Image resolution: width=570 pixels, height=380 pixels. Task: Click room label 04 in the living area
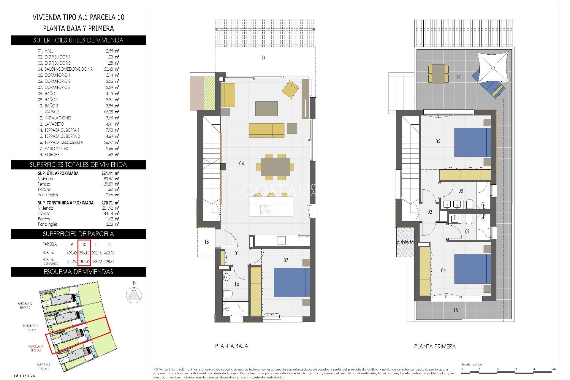pyautogui.click(x=241, y=163)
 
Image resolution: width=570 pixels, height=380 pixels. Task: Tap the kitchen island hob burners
pyautogui.click(x=266, y=210)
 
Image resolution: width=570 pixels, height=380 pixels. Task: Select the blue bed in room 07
pyautogui.click(x=292, y=282)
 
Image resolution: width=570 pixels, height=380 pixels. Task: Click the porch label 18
pyautogui.click(x=207, y=242)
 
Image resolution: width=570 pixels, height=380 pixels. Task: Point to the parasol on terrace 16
pyautogui.click(x=493, y=68)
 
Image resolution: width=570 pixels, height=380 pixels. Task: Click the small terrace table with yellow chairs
pyautogui.click(x=438, y=74)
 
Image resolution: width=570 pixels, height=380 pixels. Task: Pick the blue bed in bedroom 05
pyautogui.click(x=472, y=142)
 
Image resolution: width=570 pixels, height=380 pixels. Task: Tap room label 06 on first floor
pyautogui.click(x=443, y=270)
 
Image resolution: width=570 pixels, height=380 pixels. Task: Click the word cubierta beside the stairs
pyautogui.click(x=405, y=242)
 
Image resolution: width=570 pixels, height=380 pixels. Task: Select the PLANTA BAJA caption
pyautogui.click(x=231, y=346)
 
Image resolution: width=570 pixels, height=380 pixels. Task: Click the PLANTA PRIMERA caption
pyautogui.click(x=435, y=346)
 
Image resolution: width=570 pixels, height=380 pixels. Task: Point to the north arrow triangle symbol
pyautogui.click(x=134, y=295)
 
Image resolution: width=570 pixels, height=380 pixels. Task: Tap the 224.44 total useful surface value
pyautogui.click(x=108, y=173)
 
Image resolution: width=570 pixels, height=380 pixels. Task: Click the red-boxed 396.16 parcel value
pyautogui.click(x=84, y=253)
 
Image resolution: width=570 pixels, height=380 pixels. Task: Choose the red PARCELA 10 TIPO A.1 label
pyautogui.click(x=36, y=348)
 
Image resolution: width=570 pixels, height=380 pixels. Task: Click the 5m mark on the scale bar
pyautogui.click(x=553, y=369)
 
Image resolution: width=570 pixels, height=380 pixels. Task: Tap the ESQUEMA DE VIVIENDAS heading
pyautogui.click(x=78, y=272)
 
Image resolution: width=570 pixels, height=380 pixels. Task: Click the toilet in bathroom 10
pyautogui.click(x=227, y=294)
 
